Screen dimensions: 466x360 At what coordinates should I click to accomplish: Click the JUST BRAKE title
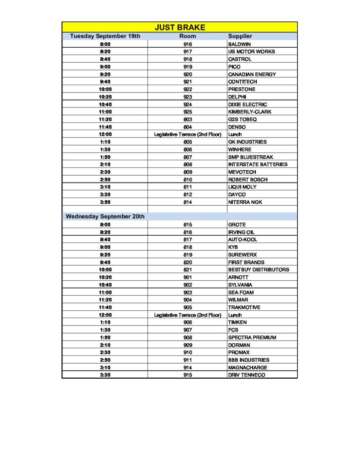(x=180, y=27)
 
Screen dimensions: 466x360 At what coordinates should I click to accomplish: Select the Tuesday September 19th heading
(x=105, y=36)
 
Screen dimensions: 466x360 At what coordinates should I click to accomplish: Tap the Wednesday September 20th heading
(x=105, y=217)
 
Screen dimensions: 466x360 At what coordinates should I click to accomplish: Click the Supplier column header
(x=240, y=36)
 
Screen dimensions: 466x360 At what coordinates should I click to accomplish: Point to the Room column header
(x=188, y=36)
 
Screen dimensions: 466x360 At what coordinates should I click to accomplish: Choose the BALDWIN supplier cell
(x=239, y=44)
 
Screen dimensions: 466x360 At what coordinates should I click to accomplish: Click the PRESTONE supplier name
(x=242, y=89)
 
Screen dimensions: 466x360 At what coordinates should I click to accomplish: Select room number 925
(x=188, y=111)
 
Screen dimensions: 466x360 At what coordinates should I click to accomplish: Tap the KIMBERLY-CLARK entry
(x=250, y=111)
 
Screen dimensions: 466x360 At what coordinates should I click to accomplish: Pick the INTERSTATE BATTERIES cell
(x=258, y=164)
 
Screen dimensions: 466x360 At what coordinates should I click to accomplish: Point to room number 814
(x=188, y=202)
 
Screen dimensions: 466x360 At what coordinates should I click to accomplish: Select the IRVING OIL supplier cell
(x=241, y=232)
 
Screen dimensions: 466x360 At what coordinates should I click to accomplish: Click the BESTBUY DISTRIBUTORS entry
(x=259, y=269)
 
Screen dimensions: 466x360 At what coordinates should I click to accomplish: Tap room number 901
(x=188, y=277)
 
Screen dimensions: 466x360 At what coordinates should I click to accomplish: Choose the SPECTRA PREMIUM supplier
(x=252, y=337)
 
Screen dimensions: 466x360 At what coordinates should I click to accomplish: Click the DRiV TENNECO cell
(x=246, y=375)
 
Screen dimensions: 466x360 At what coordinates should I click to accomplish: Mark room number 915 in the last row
(x=188, y=375)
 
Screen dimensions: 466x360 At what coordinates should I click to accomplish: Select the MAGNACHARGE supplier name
(x=248, y=367)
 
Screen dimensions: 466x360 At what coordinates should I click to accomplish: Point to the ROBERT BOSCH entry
(x=248, y=179)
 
